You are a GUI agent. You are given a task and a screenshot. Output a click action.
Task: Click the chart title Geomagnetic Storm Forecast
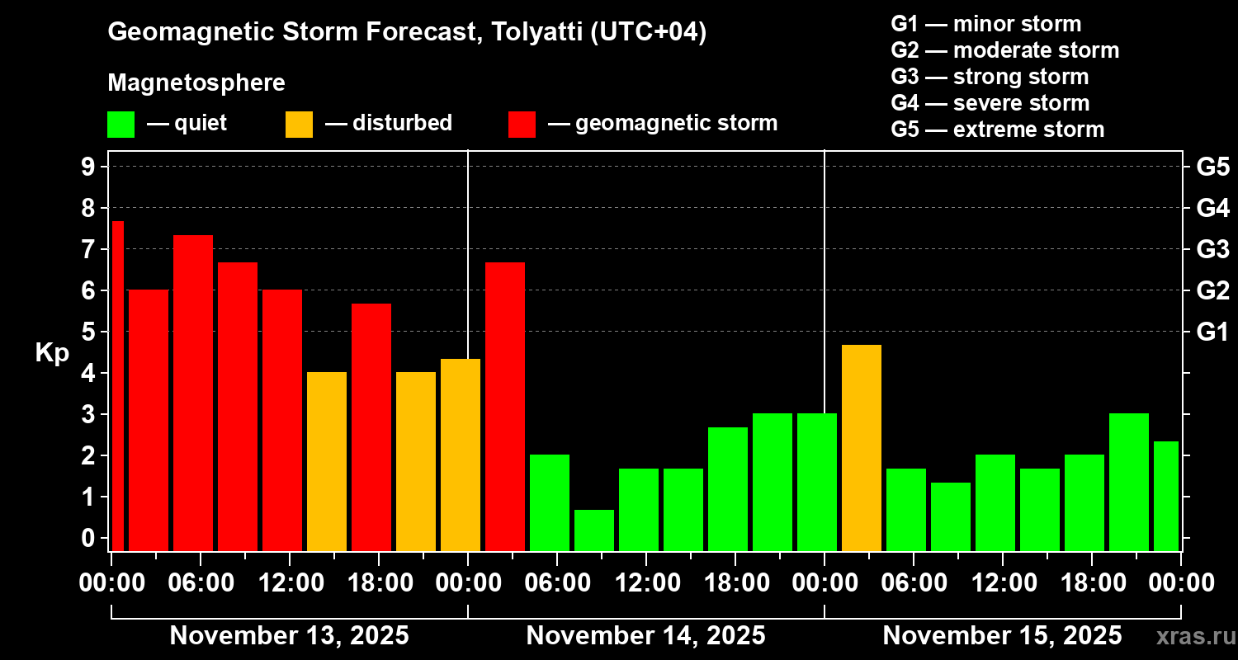407,32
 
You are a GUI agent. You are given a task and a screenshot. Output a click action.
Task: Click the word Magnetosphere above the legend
196,83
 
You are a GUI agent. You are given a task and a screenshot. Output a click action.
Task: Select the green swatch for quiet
120,124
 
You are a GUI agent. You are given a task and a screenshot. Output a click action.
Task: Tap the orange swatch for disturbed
299,124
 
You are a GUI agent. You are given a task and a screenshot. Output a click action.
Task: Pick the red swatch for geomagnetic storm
522,124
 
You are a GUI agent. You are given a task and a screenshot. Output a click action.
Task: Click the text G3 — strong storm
990,77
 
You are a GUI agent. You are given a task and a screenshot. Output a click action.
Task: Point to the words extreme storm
1028,130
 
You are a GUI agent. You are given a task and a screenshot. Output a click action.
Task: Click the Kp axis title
52,352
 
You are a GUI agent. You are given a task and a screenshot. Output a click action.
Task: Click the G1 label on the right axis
1212,332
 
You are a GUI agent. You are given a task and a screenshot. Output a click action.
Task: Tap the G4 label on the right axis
1212,208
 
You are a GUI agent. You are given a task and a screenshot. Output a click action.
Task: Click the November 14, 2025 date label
645,636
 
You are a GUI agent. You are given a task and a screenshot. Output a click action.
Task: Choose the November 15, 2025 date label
1002,636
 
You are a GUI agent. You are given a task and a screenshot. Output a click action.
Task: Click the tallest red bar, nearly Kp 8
118,385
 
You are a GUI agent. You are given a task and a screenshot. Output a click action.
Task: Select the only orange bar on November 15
862,447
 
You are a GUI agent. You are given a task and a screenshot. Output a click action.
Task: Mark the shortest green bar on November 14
594,530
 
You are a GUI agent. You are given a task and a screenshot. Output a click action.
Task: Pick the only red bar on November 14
505,406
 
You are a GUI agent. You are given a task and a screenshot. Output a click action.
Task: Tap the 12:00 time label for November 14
646,583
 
